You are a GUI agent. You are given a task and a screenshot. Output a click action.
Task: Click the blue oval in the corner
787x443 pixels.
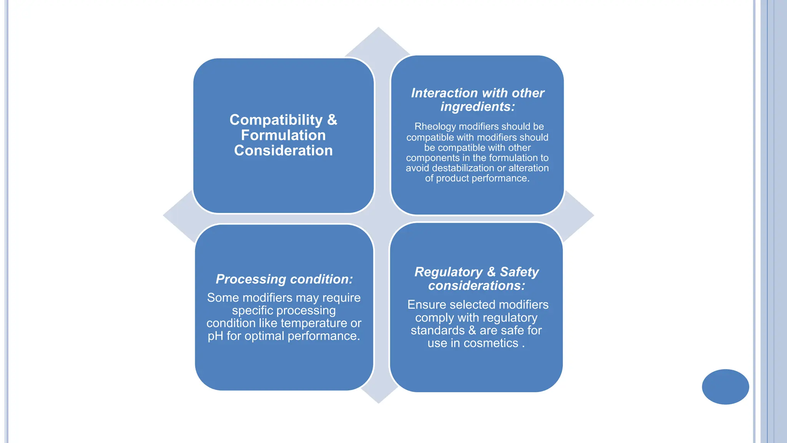(x=725, y=386)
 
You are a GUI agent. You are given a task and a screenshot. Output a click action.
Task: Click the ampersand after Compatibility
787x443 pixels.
(x=332, y=120)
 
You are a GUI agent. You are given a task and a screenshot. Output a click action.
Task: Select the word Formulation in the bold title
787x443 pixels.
(x=283, y=135)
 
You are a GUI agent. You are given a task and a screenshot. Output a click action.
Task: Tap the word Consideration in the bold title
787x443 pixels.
(x=283, y=150)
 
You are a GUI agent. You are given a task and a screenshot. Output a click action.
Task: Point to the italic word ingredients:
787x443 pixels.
(x=477, y=107)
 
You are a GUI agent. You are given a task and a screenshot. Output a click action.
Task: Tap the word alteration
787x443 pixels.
(x=528, y=168)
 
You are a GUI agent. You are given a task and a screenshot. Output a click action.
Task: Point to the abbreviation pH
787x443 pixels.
(x=215, y=336)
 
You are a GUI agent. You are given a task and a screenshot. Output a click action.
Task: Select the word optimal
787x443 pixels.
(x=264, y=336)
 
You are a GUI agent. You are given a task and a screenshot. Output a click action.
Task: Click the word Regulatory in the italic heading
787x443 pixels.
(x=448, y=272)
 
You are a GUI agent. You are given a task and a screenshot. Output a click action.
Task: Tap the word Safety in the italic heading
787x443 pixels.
(x=519, y=272)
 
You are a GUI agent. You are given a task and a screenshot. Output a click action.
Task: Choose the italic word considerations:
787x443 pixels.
(x=477, y=286)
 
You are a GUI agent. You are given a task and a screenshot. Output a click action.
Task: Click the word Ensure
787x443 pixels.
(x=427, y=305)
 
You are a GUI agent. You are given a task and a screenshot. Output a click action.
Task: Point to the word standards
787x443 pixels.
(x=437, y=330)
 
